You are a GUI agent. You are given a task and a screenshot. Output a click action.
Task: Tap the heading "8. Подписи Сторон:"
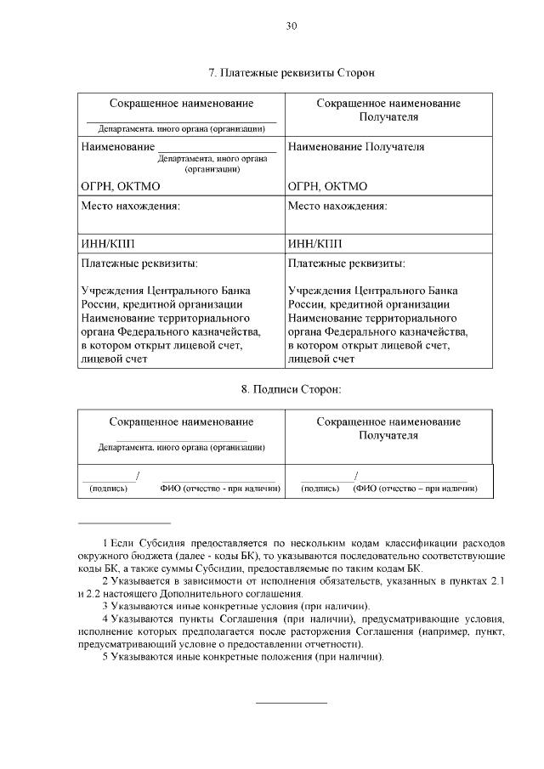click(291, 389)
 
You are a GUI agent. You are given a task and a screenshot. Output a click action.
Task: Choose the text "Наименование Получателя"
click(356, 147)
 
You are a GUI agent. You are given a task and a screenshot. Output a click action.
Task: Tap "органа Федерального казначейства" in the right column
click(377, 331)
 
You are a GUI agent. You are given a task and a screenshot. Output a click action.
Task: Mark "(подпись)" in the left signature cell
click(108, 489)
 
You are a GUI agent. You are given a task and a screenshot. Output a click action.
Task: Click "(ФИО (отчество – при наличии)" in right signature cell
click(414, 489)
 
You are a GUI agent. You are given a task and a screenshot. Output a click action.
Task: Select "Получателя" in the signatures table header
click(388, 435)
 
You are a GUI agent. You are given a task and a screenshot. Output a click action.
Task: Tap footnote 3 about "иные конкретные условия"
click(235, 606)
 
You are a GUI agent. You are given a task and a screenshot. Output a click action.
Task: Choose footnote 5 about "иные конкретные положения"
click(242, 659)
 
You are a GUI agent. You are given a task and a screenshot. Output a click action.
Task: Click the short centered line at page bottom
click(291, 703)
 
